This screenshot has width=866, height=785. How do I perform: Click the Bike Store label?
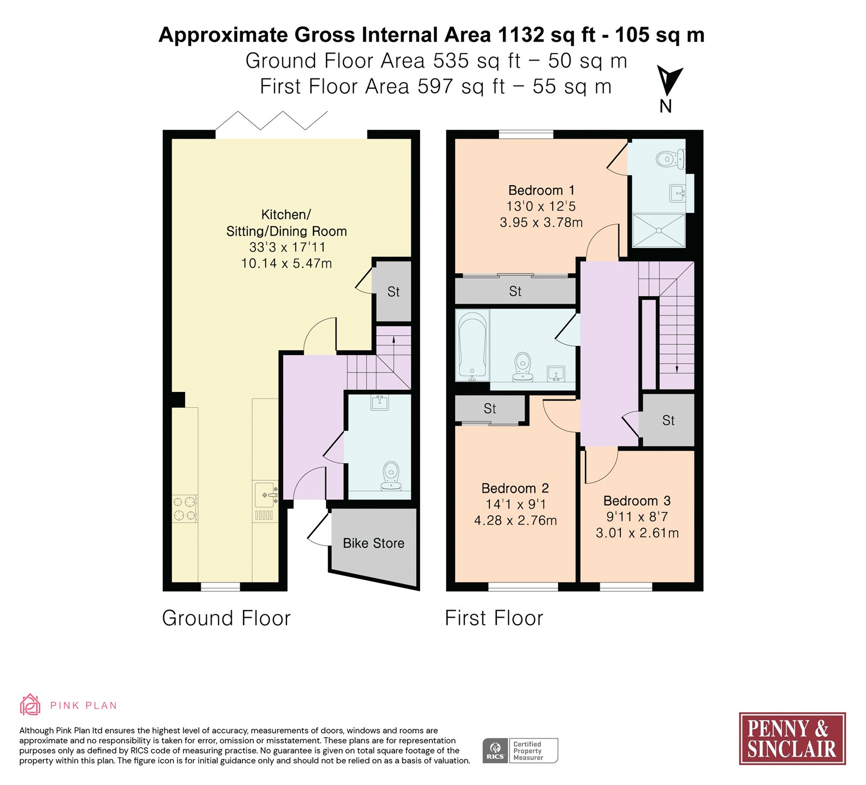pyautogui.click(x=373, y=543)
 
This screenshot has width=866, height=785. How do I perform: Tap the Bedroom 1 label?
pyautogui.click(x=541, y=190)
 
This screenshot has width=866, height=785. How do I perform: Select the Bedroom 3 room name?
pyautogui.click(x=637, y=501)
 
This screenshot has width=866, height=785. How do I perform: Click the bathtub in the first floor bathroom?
pyautogui.click(x=473, y=345)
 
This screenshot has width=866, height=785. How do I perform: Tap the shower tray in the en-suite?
pyautogui.click(x=659, y=231)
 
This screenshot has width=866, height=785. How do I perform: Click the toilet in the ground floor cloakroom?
pyautogui.click(x=390, y=476)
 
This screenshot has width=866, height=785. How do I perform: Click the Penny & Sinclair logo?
pyautogui.click(x=792, y=738)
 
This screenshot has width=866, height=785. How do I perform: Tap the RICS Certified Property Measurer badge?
pyautogui.click(x=520, y=750)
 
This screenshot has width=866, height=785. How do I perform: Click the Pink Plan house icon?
pyautogui.click(x=30, y=705)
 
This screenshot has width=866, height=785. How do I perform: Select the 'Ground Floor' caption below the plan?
pyautogui.click(x=226, y=618)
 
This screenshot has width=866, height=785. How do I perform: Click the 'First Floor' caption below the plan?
pyautogui.click(x=494, y=618)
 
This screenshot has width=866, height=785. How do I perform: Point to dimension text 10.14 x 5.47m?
pyautogui.click(x=286, y=264)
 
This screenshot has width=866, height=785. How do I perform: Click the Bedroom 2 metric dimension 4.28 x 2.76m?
pyautogui.click(x=515, y=520)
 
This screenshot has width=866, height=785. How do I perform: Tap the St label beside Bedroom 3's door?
pyautogui.click(x=668, y=420)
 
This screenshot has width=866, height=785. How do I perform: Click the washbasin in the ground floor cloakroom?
pyautogui.click(x=379, y=402)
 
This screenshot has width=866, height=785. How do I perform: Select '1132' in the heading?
pyautogui.click(x=521, y=35)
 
